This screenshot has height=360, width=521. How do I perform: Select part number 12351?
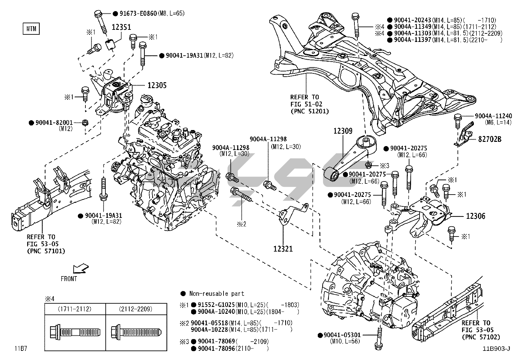122,27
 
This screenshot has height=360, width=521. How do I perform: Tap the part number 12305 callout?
157,85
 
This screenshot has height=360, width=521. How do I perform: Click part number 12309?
343,131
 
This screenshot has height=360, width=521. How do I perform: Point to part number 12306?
476,216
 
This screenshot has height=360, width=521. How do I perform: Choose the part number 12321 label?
283,249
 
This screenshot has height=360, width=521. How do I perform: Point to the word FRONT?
69,279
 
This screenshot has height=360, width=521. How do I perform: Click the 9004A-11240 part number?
494,116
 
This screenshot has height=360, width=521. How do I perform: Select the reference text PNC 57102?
481,337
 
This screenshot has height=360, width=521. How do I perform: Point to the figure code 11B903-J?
496,349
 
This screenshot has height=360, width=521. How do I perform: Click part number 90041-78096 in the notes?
213,349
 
